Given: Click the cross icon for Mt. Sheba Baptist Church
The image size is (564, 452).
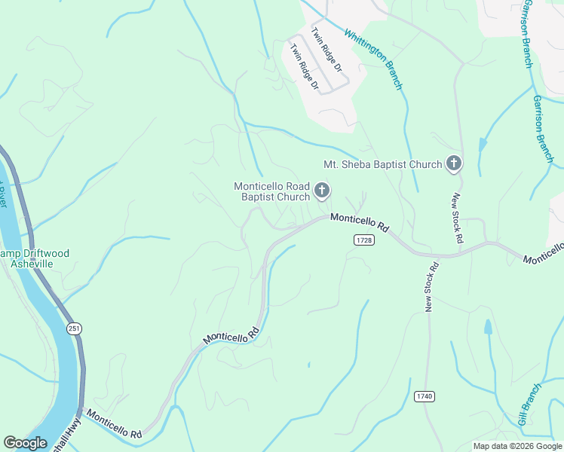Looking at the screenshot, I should pyautogui.click(x=453, y=163).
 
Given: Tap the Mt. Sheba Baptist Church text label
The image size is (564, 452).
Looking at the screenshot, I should pyautogui.click(x=382, y=164).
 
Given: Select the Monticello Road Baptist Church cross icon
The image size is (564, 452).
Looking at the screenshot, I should pyautogui.click(x=322, y=191).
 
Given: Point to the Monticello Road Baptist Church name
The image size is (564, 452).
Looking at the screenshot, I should pyautogui.click(x=272, y=191).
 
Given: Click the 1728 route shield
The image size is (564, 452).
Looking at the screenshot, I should pyautogui.click(x=363, y=239).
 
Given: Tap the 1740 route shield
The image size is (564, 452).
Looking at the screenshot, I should pyautogui.click(x=425, y=395).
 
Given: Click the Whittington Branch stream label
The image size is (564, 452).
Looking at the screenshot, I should pyautogui.click(x=374, y=59).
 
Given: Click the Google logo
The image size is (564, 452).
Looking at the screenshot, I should pyautogui.click(x=25, y=443).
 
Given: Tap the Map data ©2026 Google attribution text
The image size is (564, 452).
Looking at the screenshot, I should pyautogui.click(x=516, y=446).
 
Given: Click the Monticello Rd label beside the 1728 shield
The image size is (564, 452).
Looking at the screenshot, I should pyautogui.click(x=359, y=222).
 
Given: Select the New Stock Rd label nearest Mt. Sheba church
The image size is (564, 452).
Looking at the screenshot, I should pyautogui.click(x=456, y=218).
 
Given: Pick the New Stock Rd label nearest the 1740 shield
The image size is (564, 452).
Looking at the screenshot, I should pyautogui.click(x=431, y=287).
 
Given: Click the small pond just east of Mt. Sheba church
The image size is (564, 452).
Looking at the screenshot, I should pyautogui.click(x=482, y=145).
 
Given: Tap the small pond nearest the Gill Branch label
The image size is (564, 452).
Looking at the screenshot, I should pyautogui.click(x=488, y=328).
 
